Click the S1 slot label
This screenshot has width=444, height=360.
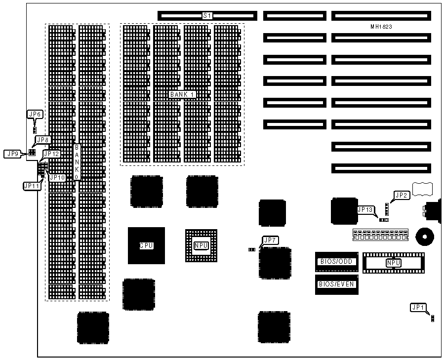(207, 16)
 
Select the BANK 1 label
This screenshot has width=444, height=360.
(182, 94)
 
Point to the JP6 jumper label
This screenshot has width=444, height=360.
(35, 115)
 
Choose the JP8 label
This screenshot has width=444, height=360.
(42, 140)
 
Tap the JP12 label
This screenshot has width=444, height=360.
(52, 154)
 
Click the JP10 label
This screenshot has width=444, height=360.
(57, 177)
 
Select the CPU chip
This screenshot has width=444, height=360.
(146, 245)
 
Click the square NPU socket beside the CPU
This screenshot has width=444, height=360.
(201, 245)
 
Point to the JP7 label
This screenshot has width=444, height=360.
(271, 240)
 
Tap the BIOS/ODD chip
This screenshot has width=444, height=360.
(336, 261)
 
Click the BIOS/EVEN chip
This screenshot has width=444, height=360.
(336, 284)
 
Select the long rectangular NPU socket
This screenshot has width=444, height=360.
(394, 263)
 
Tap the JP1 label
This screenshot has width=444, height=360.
(418, 308)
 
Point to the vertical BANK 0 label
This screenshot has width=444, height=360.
(77, 162)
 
